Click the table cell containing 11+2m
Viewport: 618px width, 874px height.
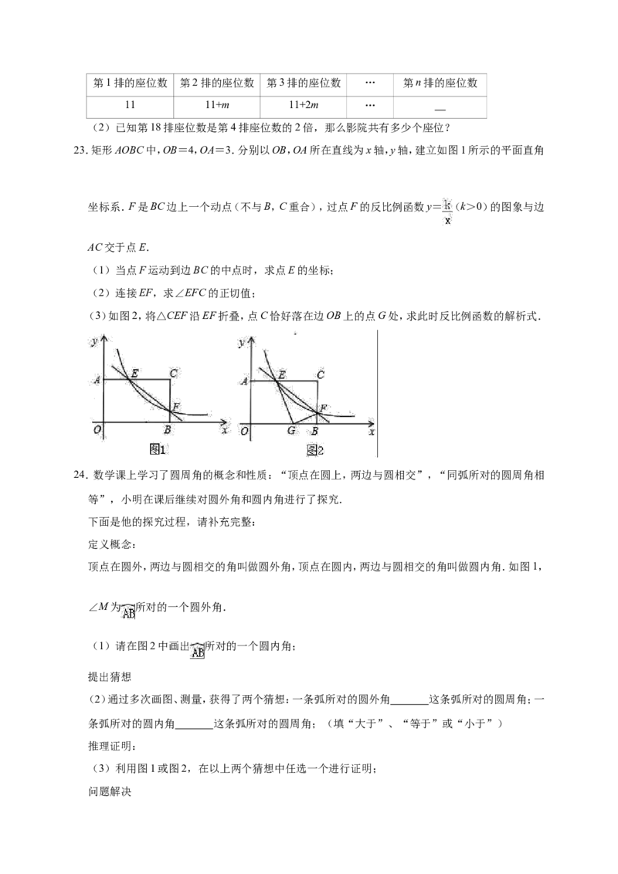304,105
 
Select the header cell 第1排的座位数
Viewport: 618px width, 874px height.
130,83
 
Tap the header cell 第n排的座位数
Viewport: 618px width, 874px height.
440,83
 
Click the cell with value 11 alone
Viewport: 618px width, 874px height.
130,105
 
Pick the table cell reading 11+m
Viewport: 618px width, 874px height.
217,105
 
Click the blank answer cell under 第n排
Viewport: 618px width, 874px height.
440,106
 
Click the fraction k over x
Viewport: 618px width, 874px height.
447,212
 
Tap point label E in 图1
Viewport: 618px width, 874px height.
134,373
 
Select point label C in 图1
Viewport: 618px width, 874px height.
174,373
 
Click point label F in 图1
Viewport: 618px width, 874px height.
176,406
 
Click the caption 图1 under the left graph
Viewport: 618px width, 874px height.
159,449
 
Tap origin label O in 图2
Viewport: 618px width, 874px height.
244,431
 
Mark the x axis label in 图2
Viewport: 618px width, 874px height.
372,432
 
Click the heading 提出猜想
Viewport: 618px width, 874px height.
110,676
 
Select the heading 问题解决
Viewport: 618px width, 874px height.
110,791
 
